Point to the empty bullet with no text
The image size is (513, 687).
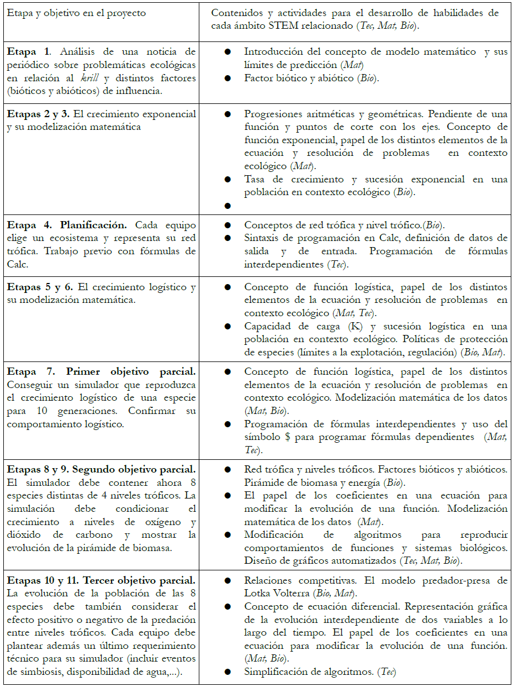[x=227, y=206]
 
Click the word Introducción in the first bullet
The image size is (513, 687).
[x=272, y=51]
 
